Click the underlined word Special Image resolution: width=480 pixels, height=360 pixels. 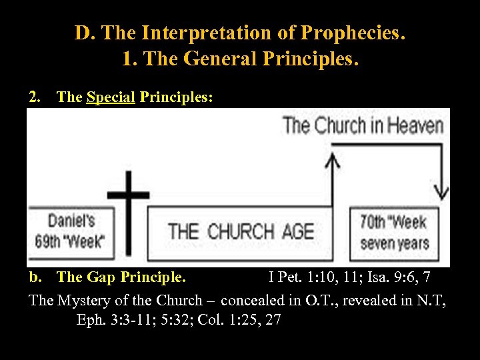[x=111, y=97]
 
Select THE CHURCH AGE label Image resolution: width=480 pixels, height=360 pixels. [x=241, y=231]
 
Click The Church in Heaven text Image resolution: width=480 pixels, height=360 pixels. [x=363, y=125]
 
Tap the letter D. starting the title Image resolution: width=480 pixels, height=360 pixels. [x=83, y=33]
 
